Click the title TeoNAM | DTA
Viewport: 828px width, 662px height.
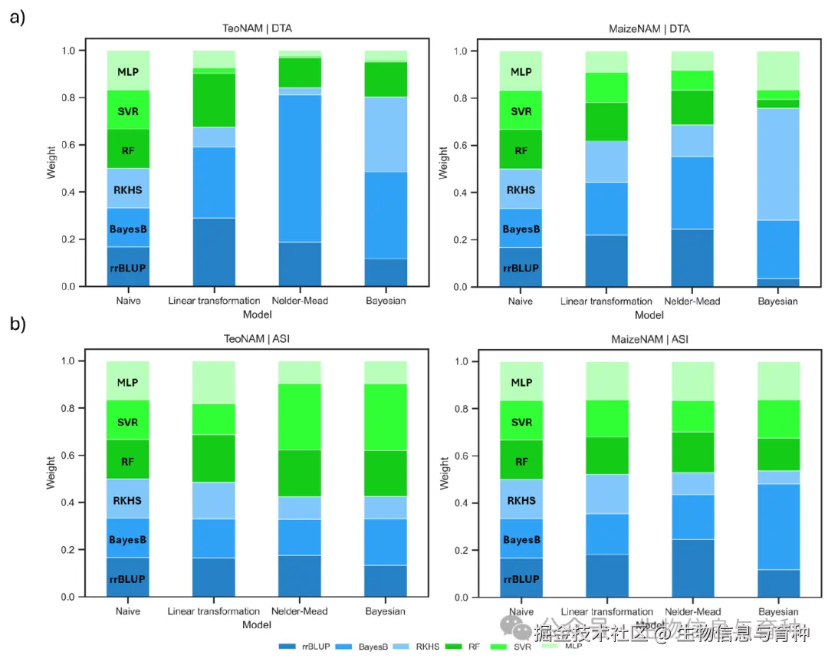252,29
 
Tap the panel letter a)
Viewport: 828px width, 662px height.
17,17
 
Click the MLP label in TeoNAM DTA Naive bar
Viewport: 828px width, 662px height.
128,72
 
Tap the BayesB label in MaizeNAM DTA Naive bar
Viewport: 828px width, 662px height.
521,229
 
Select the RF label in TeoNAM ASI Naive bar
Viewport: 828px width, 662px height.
128,462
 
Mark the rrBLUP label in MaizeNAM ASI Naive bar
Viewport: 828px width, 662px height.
521,579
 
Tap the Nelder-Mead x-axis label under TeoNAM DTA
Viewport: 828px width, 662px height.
300,301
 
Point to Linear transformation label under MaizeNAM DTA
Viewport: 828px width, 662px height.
606,301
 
